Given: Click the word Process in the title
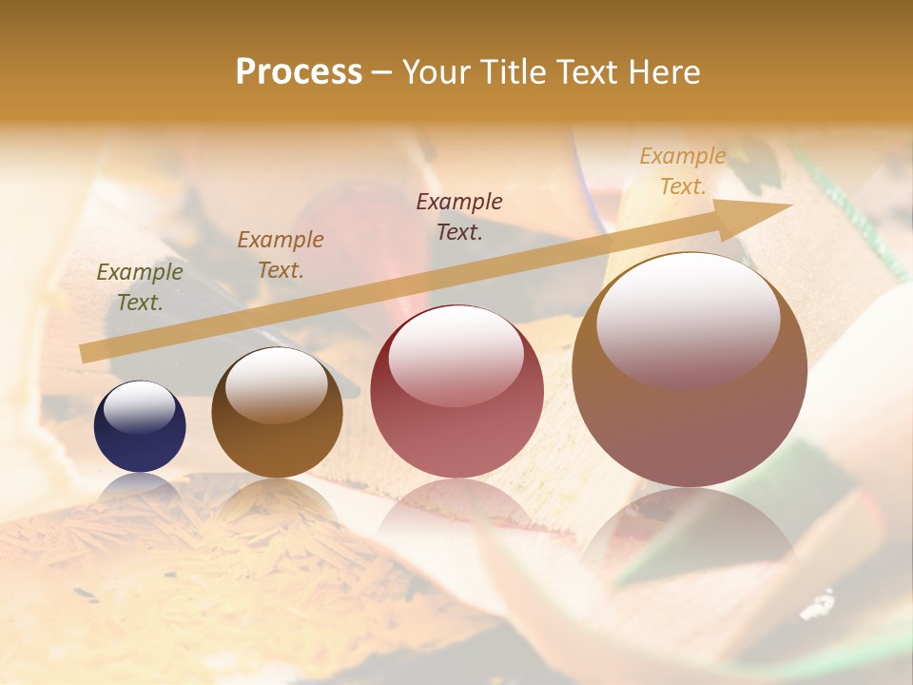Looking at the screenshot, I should click(299, 72).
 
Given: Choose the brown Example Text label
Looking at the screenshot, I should click(281, 255).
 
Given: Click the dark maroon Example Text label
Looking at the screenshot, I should click(459, 216).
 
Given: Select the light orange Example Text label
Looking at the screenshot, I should click(683, 171).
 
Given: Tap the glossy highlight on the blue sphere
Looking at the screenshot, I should click(140, 407).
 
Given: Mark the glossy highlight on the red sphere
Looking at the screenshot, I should click(456, 357).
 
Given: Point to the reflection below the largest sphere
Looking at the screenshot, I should click(690, 533).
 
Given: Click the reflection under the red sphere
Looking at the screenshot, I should click(456, 509).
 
